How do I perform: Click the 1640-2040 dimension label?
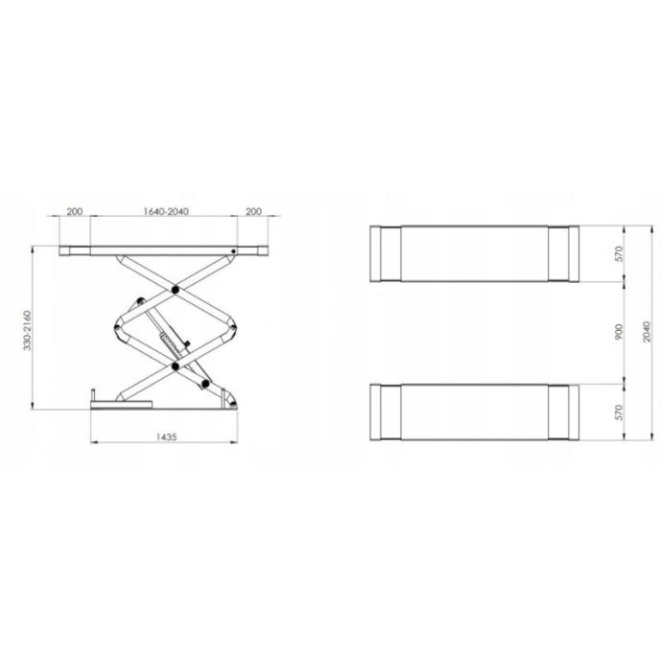point(164,212)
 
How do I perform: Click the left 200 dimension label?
point(75,212)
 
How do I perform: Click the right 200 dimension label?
point(254,212)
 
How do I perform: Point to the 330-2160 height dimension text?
point(29,329)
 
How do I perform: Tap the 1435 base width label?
point(166,437)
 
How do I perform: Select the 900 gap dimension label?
point(619,332)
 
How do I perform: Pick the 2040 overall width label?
point(646,332)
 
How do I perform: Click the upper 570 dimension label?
point(619,254)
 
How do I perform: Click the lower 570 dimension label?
point(619,412)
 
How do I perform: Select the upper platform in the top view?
point(475,254)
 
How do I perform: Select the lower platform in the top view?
point(475,412)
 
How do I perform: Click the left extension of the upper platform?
point(386,254)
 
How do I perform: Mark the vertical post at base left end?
point(93,396)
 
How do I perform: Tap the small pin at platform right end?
point(234,253)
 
